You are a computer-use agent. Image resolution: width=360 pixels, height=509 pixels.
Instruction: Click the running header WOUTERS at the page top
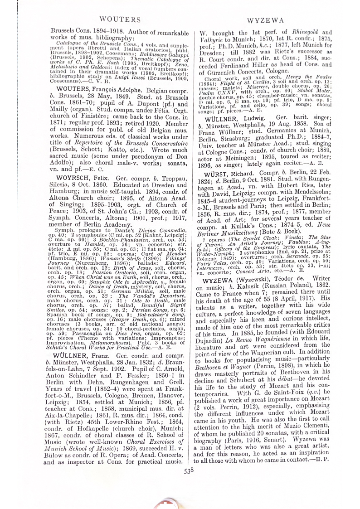[119, 19]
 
